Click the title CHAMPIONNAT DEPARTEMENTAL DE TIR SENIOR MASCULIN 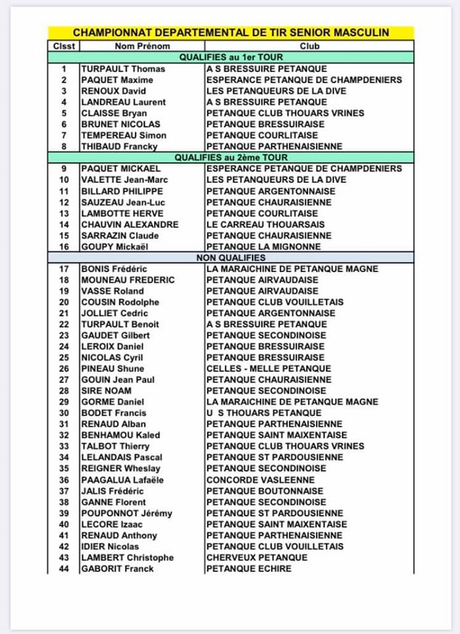click(231, 32)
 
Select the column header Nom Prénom click(142, 46)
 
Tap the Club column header click(309, 46)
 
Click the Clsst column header click(64, 46)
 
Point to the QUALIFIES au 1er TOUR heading click(231, 57)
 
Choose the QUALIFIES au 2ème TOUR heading click(231, 157)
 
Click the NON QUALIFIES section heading click(231, 258)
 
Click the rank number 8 click(64, 147)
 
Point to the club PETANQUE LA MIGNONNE click(264, 246)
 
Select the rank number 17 click(64, 269)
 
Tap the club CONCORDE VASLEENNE click(260, 479)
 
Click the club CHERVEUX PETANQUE click(256, 557)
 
